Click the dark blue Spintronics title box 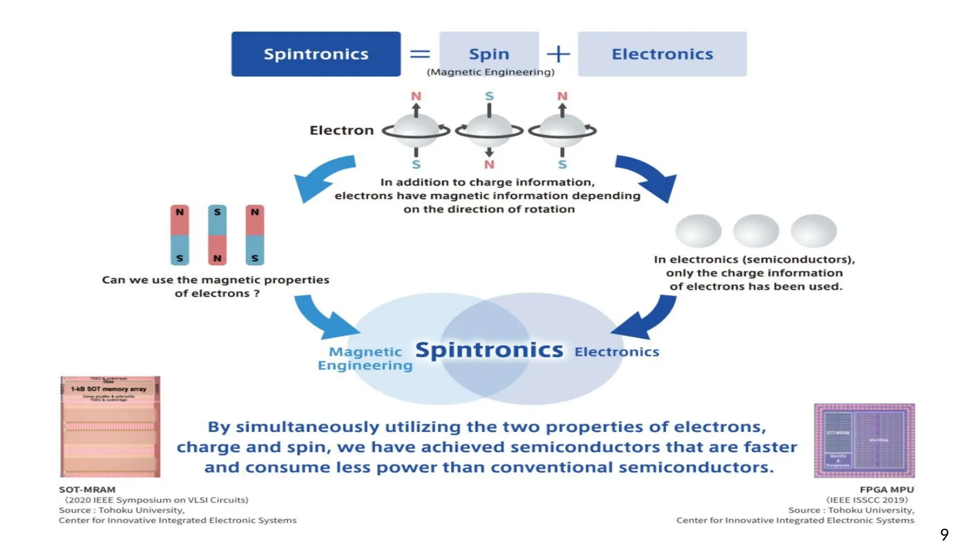pos(316,54)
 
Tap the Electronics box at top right pos(662,54)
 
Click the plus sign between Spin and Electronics pos(558,54)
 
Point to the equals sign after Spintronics pos(420,54)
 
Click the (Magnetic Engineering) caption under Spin pos(490,72)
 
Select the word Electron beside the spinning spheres pos(341,130)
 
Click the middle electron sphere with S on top pos(489,130)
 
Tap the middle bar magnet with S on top pos(217,235)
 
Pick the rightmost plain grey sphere pos(814,231)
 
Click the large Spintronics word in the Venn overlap pos(489,350)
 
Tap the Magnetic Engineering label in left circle pos(365,358)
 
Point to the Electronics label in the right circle pos(616,352)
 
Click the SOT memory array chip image pos(110,427)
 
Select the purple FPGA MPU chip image pos(864,440)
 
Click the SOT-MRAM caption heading pos(87,489)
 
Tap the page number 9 pos(944,534)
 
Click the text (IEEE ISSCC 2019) pos(867,500)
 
